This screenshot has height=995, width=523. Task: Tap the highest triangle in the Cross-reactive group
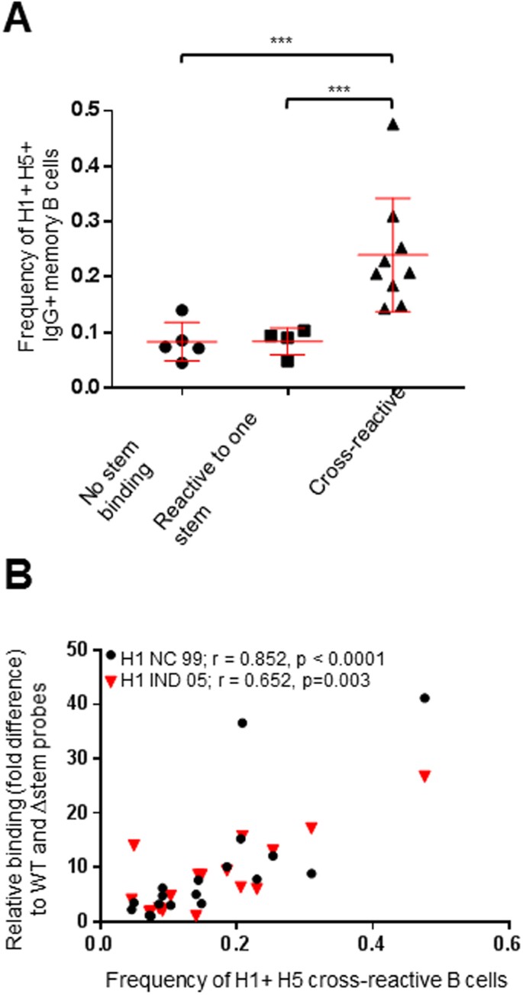(392, 125)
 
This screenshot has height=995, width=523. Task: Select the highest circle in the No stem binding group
(182, 310)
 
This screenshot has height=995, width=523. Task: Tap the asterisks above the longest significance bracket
(286, 40)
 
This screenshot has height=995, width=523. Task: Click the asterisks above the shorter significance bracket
(339, 89)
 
